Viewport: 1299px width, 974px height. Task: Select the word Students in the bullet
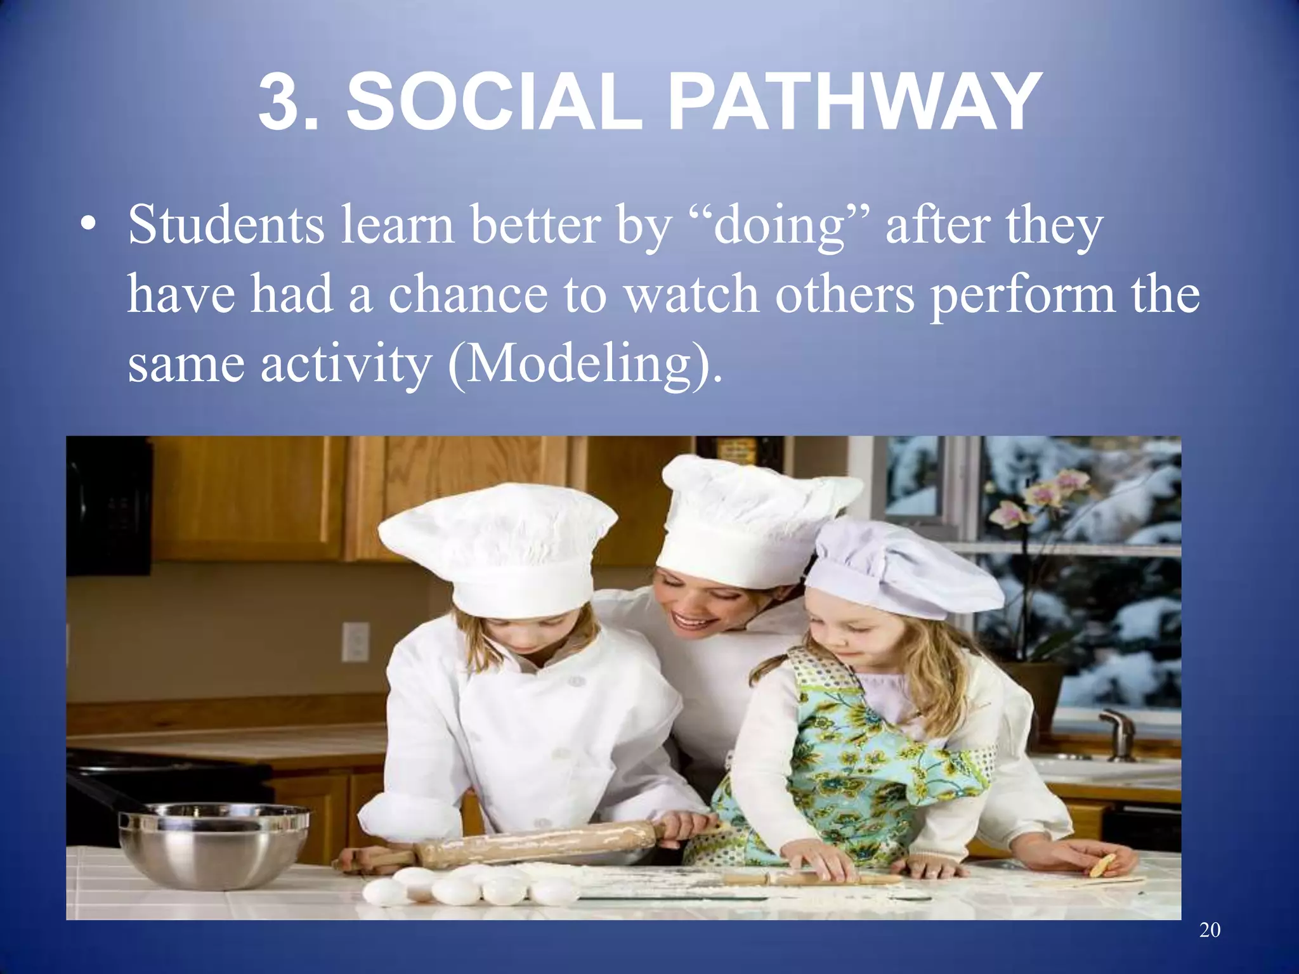point(226,224)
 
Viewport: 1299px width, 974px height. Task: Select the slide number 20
point(1210,930)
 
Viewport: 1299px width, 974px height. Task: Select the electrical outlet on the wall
point(355,641)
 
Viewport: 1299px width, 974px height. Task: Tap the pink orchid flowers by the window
point(1040,501)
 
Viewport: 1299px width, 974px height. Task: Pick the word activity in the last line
point(346,364)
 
